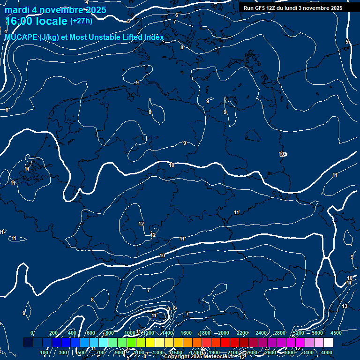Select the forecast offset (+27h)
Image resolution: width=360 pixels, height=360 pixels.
point(81,21)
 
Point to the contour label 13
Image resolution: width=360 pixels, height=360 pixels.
point(345,306)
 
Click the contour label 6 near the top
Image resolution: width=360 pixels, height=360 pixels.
point(177,15)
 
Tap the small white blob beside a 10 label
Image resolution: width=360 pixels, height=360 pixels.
point(285,154)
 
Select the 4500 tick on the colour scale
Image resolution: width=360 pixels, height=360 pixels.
point(336,333)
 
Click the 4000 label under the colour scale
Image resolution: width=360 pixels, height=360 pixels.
point(327,352)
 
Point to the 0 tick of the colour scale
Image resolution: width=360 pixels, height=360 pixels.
point(32,333)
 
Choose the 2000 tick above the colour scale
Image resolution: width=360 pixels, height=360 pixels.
point(224,333)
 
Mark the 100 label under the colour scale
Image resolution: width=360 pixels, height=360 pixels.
point(45,352)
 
